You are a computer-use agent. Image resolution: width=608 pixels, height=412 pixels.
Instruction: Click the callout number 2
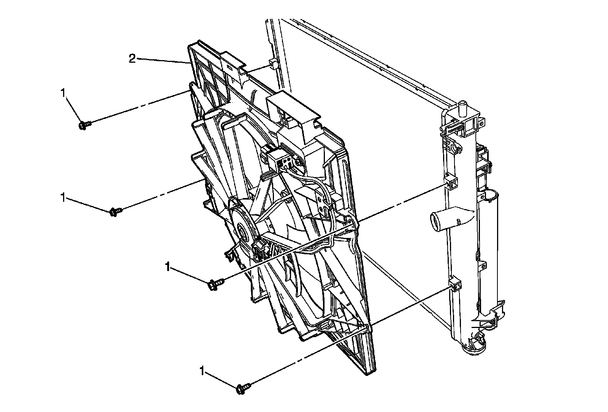pos(131,59)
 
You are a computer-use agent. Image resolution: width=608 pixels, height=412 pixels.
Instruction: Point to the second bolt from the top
pos(116,211)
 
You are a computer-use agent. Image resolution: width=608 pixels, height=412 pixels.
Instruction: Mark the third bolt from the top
pos(215,283)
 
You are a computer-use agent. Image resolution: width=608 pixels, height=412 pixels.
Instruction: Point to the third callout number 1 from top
pos(167,267)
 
